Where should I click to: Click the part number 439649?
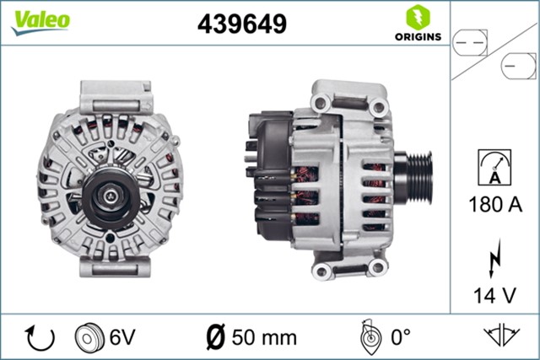[x=241, y=24]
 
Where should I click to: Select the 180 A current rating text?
[x=494, y=205]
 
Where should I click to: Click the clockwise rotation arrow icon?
[x=40, y=338]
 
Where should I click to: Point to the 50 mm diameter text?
[x=262, y=338]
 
